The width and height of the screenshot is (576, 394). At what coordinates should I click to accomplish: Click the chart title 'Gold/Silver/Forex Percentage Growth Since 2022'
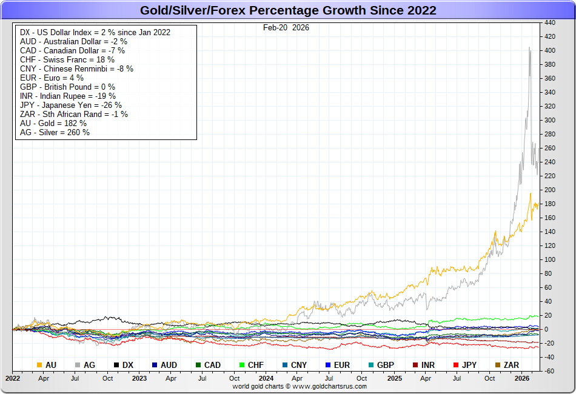coord(288,10)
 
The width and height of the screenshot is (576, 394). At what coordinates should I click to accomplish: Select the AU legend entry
coord(47,365)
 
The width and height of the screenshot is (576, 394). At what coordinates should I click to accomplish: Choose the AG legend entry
coord(85,365)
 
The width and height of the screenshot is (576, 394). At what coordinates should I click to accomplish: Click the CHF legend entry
coord(251,365)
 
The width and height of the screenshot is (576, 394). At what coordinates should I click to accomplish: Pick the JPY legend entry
coord(464,365)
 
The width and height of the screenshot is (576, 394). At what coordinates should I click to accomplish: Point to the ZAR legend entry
coord(506,365)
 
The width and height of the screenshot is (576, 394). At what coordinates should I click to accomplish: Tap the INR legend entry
coord(423,365)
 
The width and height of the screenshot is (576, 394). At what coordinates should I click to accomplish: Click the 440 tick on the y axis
coord(550,22)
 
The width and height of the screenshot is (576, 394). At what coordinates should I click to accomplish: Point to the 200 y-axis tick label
coord(550,190)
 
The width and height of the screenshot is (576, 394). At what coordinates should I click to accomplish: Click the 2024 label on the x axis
coord(267,378)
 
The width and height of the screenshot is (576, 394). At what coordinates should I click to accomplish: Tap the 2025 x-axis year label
coord(395,378)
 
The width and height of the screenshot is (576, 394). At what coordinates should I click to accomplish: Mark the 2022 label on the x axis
coord(12,378)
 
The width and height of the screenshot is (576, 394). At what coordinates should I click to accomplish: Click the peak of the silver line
coord(529,47)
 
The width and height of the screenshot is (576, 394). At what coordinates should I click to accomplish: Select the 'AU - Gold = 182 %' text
coord(53,123)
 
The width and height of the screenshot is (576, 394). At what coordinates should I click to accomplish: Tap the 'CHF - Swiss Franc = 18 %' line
coord(67,59)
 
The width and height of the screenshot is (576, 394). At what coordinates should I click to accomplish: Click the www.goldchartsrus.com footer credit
coord(300,386)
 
